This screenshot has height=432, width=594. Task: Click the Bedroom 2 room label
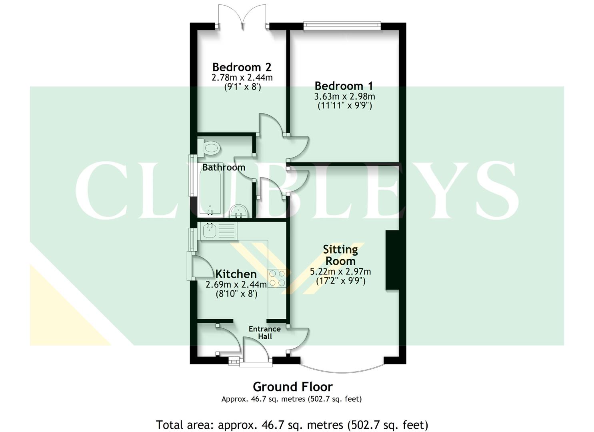(x=242, y=67)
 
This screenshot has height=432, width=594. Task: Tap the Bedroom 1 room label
(x=344, y=86)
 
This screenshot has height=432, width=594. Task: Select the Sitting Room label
(x=340, y=255)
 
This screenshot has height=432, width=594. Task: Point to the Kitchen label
(x=236, y=274)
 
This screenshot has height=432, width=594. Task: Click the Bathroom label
(x=224, y=167)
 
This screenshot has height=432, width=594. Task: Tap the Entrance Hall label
(x=264, y=332)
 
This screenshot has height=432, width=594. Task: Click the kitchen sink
(x=210, y=230)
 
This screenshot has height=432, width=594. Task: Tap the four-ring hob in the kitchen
(x=277, y=278)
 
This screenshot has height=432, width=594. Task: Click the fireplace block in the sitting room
(x=392, y=260)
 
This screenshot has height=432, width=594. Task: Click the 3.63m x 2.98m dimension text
(x=344, y=96)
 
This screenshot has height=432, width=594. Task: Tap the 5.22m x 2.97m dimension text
(x=340, y=272)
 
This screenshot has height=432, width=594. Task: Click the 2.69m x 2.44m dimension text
(x=236, y=285)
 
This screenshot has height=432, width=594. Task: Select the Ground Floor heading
(x=292, y=387)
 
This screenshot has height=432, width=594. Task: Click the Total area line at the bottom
(x=292, y=424)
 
